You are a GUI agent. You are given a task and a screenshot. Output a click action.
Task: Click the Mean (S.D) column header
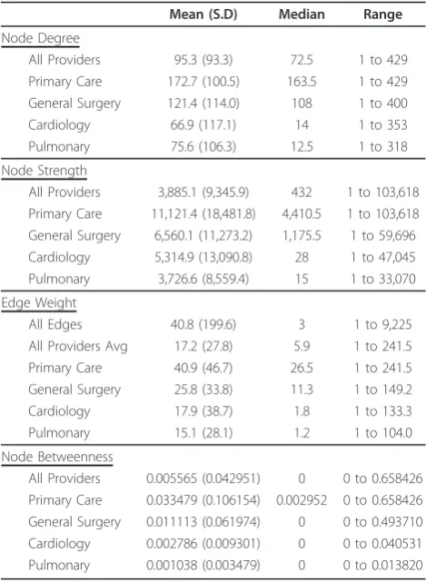click(203, 15)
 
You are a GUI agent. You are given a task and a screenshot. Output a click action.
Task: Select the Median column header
click(302, 15)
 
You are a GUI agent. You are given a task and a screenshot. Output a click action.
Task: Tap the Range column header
click(382, 15)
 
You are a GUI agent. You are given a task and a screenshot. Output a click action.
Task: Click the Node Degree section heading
click(41, 38)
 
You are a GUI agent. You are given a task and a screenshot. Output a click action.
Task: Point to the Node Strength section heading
click(45, 171)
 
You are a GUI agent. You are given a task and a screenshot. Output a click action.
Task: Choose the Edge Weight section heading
click(39, 303)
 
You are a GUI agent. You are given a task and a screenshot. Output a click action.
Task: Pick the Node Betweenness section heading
click(57, 457)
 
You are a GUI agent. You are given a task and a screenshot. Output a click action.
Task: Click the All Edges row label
click(55, 324)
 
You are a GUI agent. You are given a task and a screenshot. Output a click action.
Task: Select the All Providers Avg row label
click(78, 346)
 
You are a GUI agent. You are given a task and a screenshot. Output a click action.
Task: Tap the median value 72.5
click(302, 60)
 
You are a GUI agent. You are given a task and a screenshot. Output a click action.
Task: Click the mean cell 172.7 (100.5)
click(203, 82)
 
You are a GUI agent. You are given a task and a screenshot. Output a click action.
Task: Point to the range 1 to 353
click(383, 125)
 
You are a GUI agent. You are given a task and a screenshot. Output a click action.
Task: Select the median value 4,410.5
click(302, 214)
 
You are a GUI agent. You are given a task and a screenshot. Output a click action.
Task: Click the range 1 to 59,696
click(383, 236)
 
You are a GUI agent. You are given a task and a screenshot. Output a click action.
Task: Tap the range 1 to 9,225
click(383, 325)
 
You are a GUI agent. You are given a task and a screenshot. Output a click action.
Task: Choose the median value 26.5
click(302, 369)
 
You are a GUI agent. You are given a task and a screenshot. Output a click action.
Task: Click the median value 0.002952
click(302, 500)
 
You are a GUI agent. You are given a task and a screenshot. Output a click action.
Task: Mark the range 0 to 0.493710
click(383, 522)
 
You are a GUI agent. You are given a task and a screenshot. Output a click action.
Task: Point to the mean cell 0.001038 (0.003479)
click(203, 566)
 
